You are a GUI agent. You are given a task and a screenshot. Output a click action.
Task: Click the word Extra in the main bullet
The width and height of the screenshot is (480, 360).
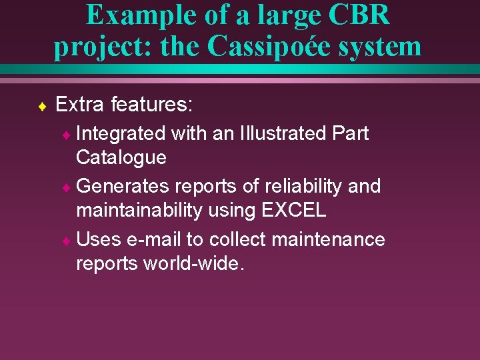point(80,104)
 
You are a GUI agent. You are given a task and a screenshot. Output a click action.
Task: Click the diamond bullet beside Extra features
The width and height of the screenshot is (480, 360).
point(42,105)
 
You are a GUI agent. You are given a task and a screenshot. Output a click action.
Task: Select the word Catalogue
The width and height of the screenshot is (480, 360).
point(121,157)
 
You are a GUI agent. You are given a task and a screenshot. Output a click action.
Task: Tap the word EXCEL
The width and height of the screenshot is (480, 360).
point(294,210)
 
